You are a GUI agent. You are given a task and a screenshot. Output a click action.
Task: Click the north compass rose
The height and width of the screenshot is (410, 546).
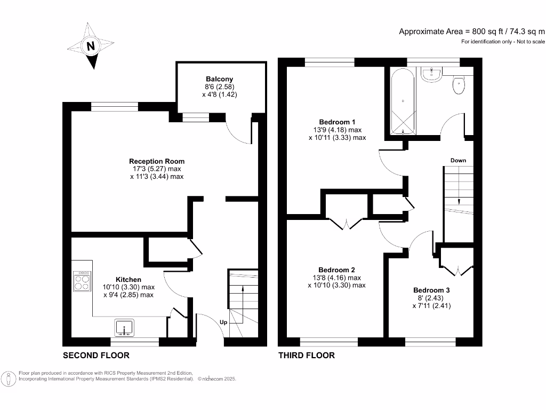click(91, 46)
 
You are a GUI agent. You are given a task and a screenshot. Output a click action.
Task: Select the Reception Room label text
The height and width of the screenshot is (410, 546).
click(157, 161)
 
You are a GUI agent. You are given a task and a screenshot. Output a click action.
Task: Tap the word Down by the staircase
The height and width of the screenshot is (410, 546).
click(458, 160)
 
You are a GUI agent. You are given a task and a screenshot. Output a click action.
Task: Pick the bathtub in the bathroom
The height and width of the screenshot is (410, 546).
click(403, 101)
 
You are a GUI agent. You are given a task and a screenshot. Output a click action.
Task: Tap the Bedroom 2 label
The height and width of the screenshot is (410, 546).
click(336, 270)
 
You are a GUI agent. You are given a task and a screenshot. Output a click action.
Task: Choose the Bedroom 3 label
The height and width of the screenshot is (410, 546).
click(431, 290)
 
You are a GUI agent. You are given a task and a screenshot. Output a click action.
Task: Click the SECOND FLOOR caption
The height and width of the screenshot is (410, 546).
click(96, 356)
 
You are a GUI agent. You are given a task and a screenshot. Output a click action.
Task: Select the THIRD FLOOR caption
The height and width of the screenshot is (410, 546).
click(307, 356)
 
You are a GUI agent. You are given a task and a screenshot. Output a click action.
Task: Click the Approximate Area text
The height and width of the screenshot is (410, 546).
click(472, 31)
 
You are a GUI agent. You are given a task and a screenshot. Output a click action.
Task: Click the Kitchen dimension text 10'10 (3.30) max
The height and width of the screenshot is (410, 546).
click(129, 287)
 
